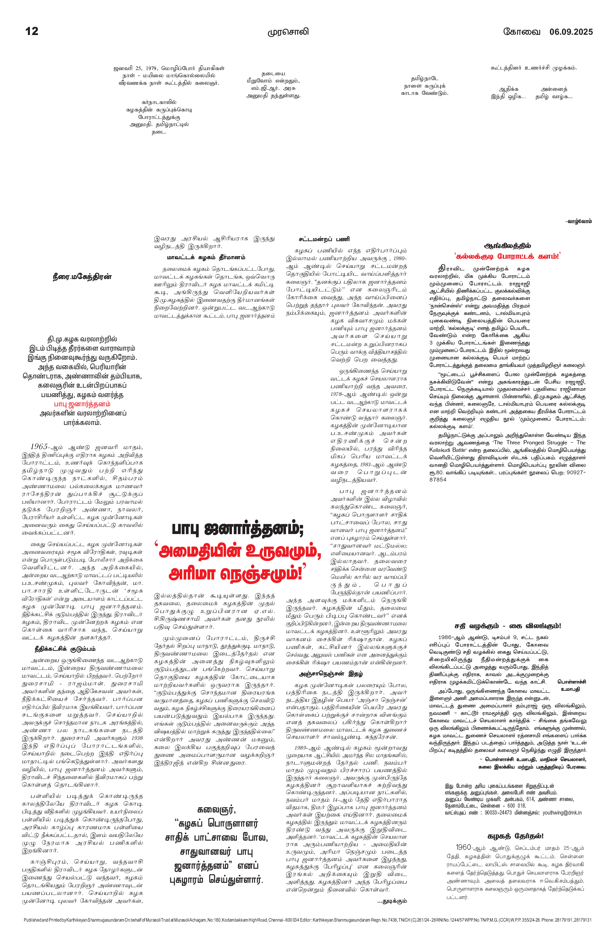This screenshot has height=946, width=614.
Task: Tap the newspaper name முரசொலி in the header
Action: click(288, 32)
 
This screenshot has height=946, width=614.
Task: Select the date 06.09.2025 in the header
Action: click(571, 32)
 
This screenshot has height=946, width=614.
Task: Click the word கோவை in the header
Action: click(522, 32)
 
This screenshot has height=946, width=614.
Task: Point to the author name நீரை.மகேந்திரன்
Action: click(82, 277)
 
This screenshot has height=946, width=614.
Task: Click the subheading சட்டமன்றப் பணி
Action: click(324, 239)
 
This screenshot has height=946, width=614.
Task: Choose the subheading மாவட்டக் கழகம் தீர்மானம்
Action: click(206, 258)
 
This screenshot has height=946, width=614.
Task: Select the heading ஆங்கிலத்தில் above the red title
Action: click(507, 246)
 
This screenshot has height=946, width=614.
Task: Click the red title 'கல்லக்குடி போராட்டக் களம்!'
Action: click(507, 256)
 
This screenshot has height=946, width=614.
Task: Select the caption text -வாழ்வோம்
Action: click(579, 221)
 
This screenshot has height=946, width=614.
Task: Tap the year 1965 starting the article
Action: click(39, 447)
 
